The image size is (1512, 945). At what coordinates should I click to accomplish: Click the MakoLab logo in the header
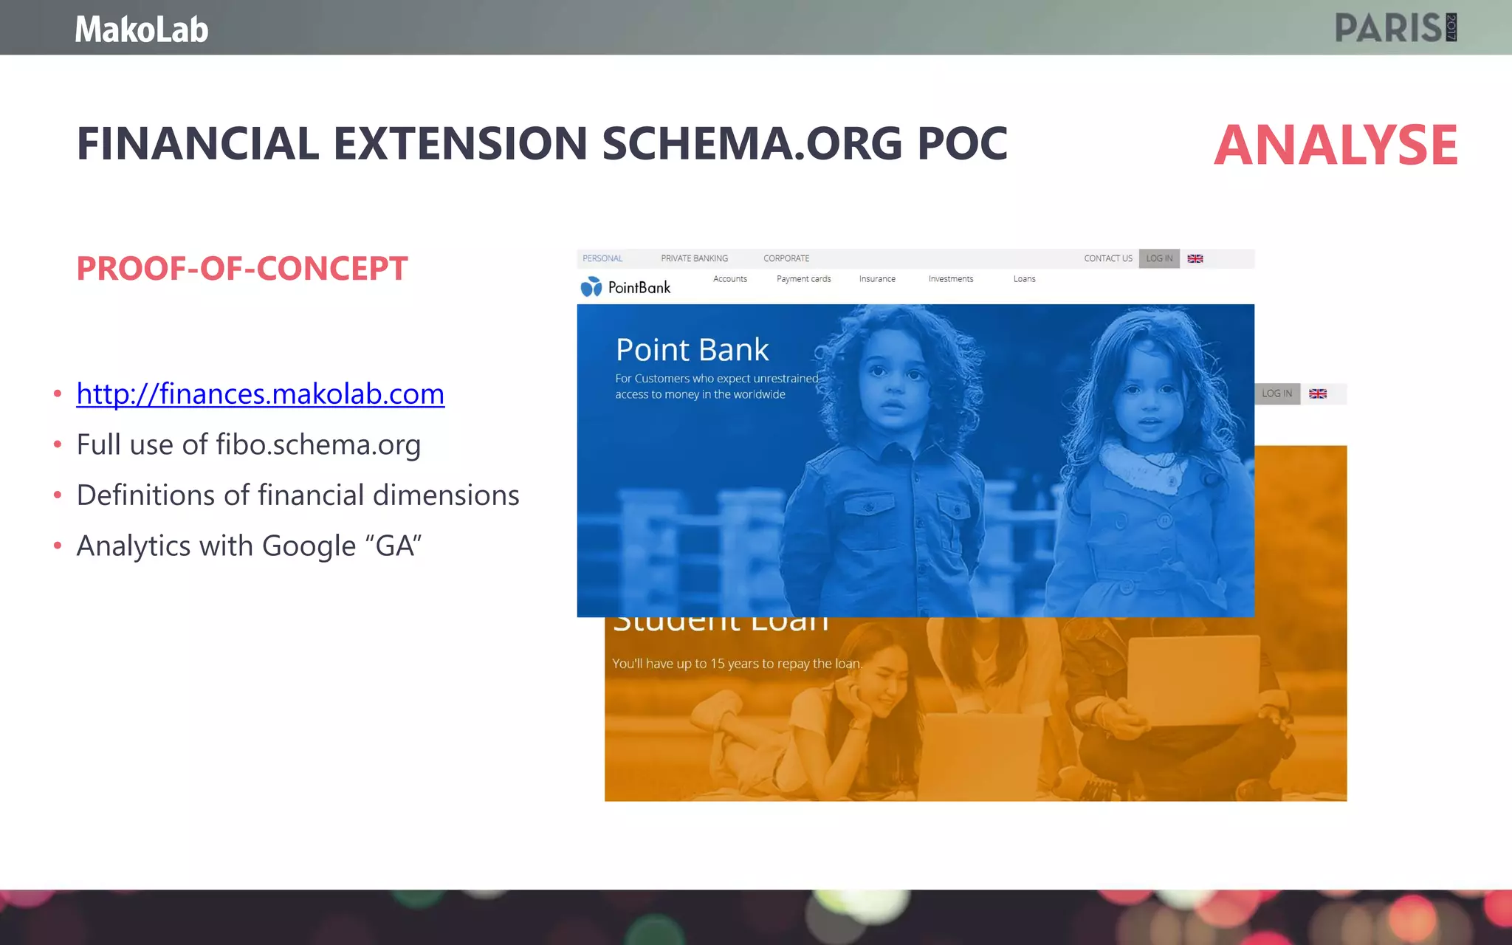coord(142,30)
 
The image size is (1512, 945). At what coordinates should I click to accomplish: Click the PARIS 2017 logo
coord(1395,28)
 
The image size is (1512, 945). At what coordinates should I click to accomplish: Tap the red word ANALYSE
coord(1336,145)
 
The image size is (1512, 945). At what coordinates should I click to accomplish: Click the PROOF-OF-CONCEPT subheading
coord(242,269)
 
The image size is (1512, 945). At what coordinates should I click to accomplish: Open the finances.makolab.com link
coord(260,394)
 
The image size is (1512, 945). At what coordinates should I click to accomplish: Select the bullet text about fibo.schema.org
coord(248,444)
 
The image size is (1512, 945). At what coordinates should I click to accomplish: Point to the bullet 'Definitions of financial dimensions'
coord(298,495)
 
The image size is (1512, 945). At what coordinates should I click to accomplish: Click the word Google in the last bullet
coord(309,546)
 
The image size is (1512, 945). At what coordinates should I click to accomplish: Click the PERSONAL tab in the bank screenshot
coord(602,258)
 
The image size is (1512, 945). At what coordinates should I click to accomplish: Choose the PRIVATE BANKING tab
coord(694,258)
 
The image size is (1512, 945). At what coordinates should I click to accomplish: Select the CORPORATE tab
coord(786,258)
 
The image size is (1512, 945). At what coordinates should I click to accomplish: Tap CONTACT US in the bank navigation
coord(1107,258)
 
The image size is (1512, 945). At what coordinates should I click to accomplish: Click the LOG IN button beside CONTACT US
coord(1159,258)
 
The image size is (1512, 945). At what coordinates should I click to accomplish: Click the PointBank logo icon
coord(591,287)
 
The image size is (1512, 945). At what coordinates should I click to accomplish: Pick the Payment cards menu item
coord(803,279)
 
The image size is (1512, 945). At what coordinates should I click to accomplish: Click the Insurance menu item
coord(877,279)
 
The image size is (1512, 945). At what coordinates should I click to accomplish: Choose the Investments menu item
coord(951,279)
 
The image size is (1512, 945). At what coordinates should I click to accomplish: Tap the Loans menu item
coord(1024,279)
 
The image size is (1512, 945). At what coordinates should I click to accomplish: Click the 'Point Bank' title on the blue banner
coord(692,350)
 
